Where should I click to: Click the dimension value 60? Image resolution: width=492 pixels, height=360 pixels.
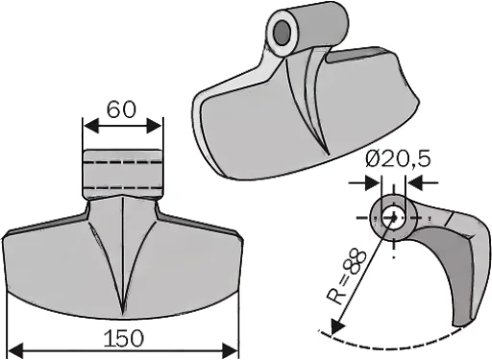pos(121,109)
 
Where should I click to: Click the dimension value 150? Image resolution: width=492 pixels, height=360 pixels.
pos(124,338)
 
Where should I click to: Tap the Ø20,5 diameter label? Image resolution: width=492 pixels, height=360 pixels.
pos(398,158)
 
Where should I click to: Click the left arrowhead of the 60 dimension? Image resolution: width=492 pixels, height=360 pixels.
pos(90,126)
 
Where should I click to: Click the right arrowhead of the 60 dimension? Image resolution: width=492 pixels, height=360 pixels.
pos(155,126)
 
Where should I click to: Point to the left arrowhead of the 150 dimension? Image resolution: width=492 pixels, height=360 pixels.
pos(14,350)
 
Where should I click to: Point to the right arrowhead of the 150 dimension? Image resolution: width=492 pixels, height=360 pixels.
pos(231,350)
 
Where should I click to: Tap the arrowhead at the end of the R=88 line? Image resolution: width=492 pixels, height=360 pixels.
pos(337,327)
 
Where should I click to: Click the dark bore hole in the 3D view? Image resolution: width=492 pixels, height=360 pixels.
pos(282,34)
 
